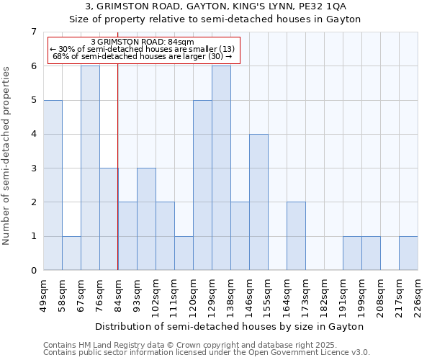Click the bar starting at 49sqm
pos(53,185)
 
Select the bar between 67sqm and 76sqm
pos(90,168)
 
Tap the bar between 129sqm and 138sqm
pos(221,168)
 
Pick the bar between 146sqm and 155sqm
pos(258,202)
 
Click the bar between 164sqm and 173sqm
pos(296,236)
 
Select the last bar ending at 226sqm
pos(408,253)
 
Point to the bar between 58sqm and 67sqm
pos(71,253)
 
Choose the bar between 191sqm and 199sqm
pos(352,253)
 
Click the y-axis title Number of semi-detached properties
pos(7,156)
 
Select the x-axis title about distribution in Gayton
pos(230,326)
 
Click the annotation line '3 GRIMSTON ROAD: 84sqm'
pos(143,42)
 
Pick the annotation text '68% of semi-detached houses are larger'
pos(143,56)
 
